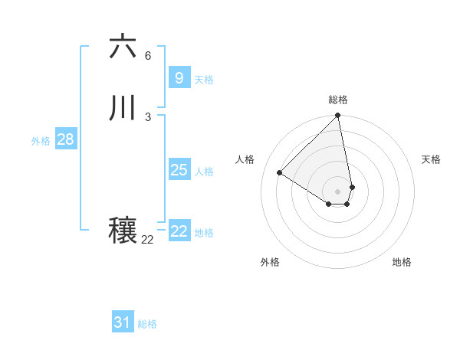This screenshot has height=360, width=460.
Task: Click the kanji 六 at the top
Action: point(123,47)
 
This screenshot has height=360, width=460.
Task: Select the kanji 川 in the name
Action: point(123,108)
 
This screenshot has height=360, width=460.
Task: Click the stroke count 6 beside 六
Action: point(148,56)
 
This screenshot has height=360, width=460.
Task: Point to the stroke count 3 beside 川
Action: point(148,116)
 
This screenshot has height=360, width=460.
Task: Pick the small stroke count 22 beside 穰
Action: point(148,240)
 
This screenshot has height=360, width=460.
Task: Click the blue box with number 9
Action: point(179,78)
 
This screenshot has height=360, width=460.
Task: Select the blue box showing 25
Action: point(179,170)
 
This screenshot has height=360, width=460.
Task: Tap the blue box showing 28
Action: point(65,139)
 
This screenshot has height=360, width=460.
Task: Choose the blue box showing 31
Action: point(123,322)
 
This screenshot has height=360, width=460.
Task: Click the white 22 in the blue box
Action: point(179,231)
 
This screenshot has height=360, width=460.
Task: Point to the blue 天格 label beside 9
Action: point(204,80)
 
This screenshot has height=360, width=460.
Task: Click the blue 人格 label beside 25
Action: point(204,172)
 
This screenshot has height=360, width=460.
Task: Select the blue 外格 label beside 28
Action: point(41,141)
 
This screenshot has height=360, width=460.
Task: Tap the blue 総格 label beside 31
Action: point(147,324)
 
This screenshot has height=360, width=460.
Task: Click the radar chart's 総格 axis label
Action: point(338,100)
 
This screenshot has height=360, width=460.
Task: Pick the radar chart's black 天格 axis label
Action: point(432,159)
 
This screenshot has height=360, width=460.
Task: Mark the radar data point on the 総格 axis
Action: point(338,116)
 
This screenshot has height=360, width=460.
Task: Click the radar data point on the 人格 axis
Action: point(280,173)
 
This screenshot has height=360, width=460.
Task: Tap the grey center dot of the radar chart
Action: point(338,191)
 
